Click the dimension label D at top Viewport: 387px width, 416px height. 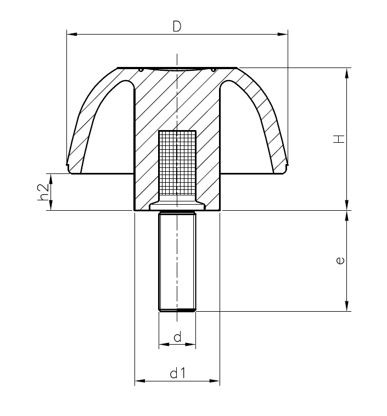point(177,26)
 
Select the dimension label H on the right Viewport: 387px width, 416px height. point(340,138)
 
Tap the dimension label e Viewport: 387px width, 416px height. point(340,261)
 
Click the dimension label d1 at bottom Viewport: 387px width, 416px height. point(177,374)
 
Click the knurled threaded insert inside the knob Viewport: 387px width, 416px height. point(177,165)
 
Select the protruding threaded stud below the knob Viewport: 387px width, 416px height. point(177,261)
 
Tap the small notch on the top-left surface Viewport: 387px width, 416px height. point(141,70)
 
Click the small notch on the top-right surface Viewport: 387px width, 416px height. point(212,70)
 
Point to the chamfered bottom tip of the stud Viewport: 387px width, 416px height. point(177,310)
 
